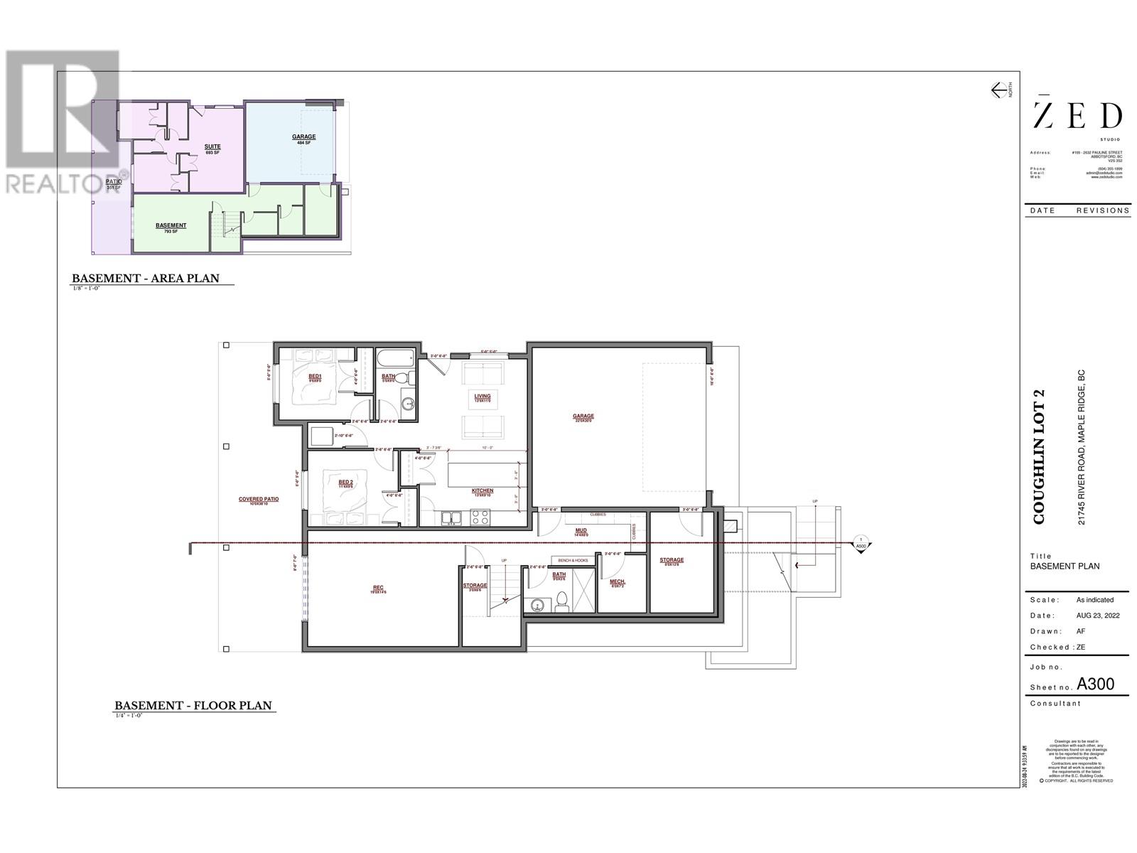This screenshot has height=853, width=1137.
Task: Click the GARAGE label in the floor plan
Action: pos(583,417)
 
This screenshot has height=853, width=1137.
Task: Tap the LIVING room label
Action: pos(483,396)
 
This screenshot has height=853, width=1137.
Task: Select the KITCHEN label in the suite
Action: pos(483,490)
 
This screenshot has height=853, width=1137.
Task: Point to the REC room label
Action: pos(378,587)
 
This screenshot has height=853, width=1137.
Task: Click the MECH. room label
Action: pos(617,581)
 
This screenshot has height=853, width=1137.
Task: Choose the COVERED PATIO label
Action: pos(259,499)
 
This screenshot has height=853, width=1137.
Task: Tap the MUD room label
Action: pos(581,530)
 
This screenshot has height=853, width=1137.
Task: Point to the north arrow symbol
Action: pos(1000,90)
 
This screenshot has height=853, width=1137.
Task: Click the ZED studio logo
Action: pos(1077,116)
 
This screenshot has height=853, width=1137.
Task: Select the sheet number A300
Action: pos(1095,685)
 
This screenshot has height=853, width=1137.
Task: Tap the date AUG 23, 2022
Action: pos(1098,616)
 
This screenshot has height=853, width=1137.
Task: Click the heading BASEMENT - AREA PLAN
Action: pos(146,279)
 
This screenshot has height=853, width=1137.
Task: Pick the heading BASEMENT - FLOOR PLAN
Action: pos(193,706)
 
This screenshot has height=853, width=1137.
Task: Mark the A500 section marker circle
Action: pos(861,542)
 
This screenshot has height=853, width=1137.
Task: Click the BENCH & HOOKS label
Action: pos(573,561)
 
